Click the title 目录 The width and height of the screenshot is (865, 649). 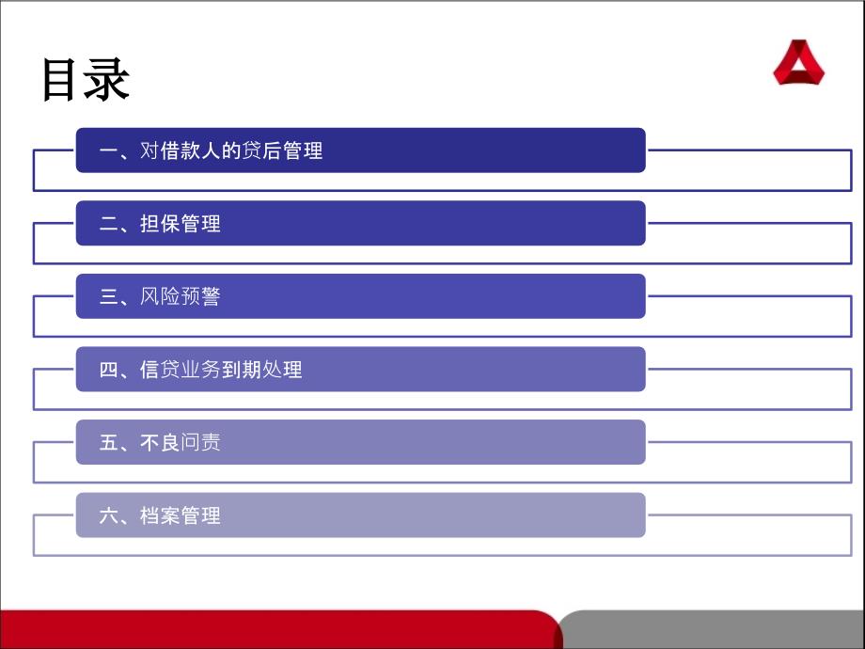pyautogui.click(x=86, y=80)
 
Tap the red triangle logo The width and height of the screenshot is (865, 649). pyautogui.click(x=798, y=62)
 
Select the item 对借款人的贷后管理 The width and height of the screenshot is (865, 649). pyautogui.click(x=231, y=150)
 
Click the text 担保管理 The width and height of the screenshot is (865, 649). pyautogui.click(x=181, y=224)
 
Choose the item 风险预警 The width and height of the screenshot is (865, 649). pyautogui.click(x=181, y=296)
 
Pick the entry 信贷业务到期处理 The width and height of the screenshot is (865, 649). pyautogui.click(x=221, y=370)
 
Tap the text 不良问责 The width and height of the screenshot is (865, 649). pyautogui.click(x=181, y=443)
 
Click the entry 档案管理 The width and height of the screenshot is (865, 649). pyautogui.click(x=181, y=515)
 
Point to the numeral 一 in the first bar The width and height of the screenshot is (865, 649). pyautogui.click(x=109, y=150)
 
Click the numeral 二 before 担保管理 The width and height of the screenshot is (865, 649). pyautogui.click(x=109, y=224)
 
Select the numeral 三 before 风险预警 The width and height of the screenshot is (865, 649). pyautogui.click(x=109, y=296)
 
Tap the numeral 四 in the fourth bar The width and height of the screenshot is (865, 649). pyautogui.click(x=109, y=370)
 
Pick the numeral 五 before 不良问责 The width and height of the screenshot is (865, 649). pyautogui.click(x=109, y=443)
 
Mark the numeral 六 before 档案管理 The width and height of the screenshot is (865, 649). pyautogui.click(x=109, y=515)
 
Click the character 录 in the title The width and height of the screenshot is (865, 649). pyautogui.click(x=108, y=80)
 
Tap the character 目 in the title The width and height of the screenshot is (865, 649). pyautogui.click(x=58, y=80)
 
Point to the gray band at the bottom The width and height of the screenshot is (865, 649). pyautogui.click(x=712, y=629)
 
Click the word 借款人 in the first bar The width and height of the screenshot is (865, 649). pyautogui.click(x=190, y=150)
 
